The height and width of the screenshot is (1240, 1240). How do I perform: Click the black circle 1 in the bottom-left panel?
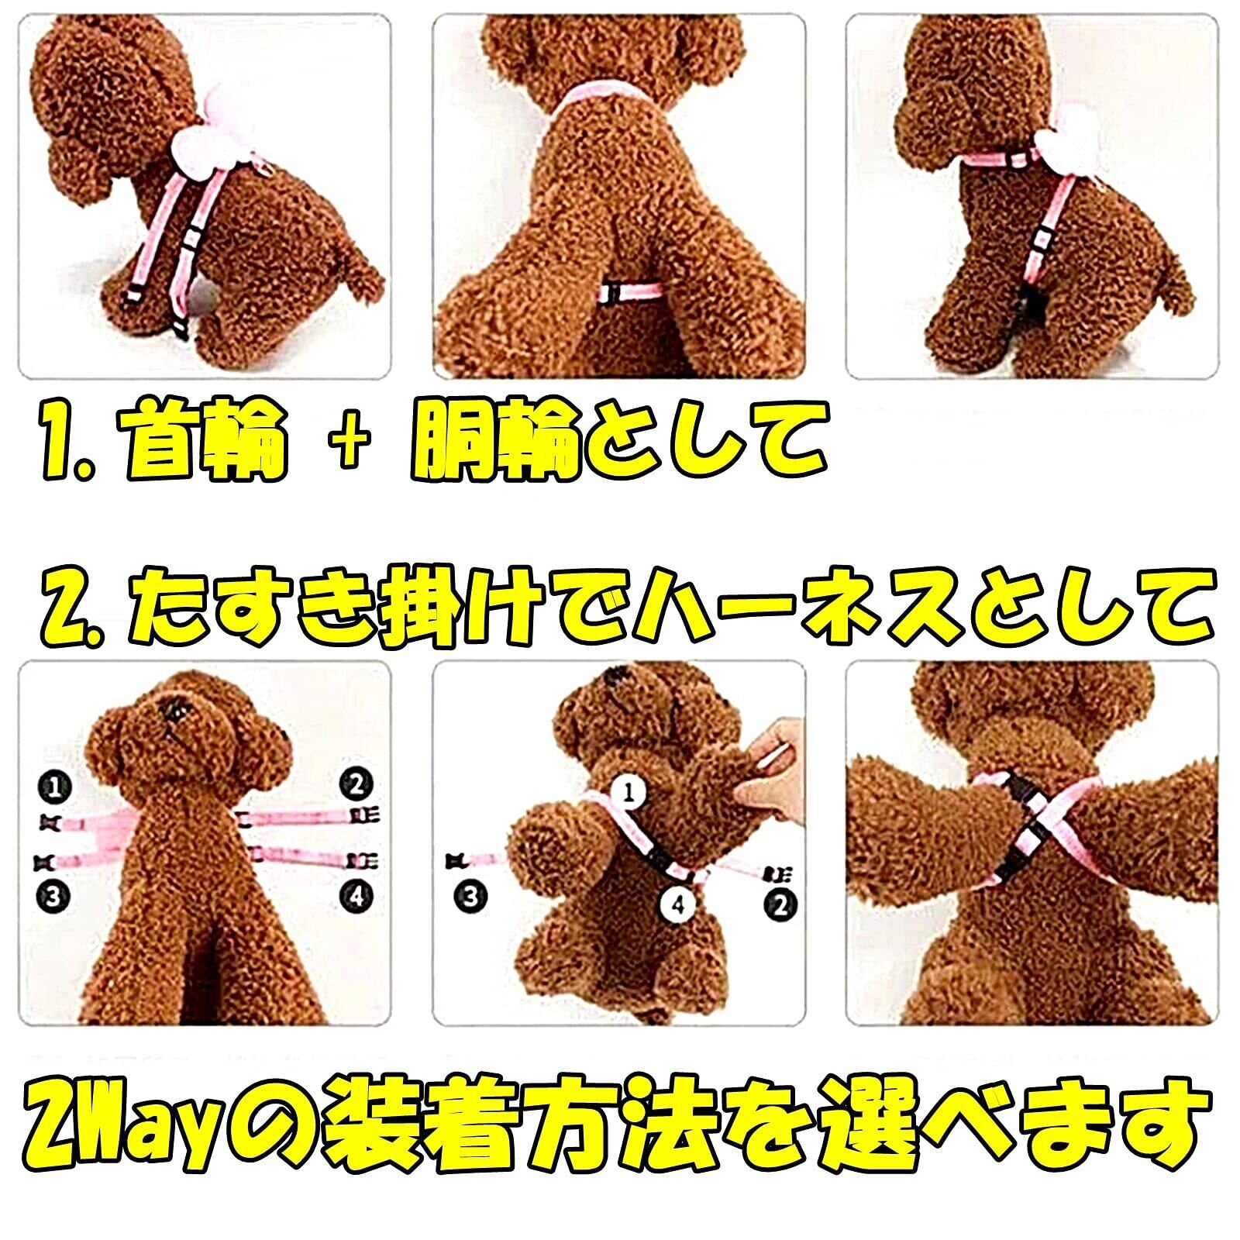tap(54, 787)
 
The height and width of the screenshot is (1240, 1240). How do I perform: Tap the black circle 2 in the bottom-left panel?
tap(356, 785)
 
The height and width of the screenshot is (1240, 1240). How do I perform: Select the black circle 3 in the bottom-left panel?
tap(53, 897)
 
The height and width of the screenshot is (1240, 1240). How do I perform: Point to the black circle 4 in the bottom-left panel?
tap(356, 896)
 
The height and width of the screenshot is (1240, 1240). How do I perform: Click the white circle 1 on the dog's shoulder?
tap(629, 792)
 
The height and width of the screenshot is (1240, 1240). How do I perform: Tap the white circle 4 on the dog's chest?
tap(679, 904)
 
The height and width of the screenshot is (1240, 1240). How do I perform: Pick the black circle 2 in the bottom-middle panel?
tap(780, 904)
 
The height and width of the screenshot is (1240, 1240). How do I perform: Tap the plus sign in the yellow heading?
tap(349, 446)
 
